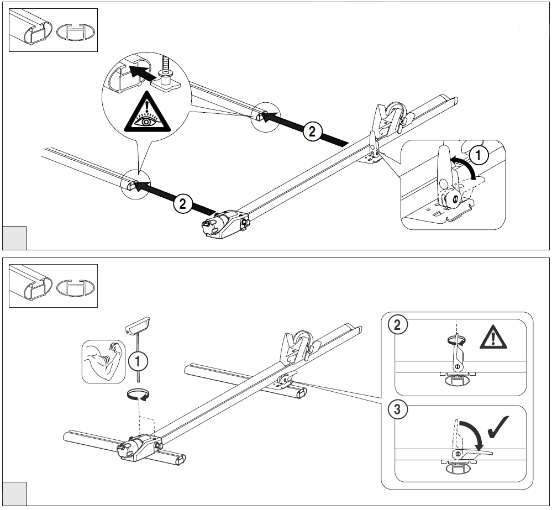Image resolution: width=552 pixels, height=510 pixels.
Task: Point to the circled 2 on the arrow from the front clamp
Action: (182, 203)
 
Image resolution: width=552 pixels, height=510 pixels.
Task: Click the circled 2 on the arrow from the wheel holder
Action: (312, 131)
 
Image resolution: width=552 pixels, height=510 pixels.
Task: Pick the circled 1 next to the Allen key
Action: (137, 362)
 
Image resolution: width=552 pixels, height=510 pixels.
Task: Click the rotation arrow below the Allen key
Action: (138, 395)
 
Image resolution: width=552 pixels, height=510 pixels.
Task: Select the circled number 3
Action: (395, 410)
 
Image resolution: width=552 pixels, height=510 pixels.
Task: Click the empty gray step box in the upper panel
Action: (14, 238)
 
